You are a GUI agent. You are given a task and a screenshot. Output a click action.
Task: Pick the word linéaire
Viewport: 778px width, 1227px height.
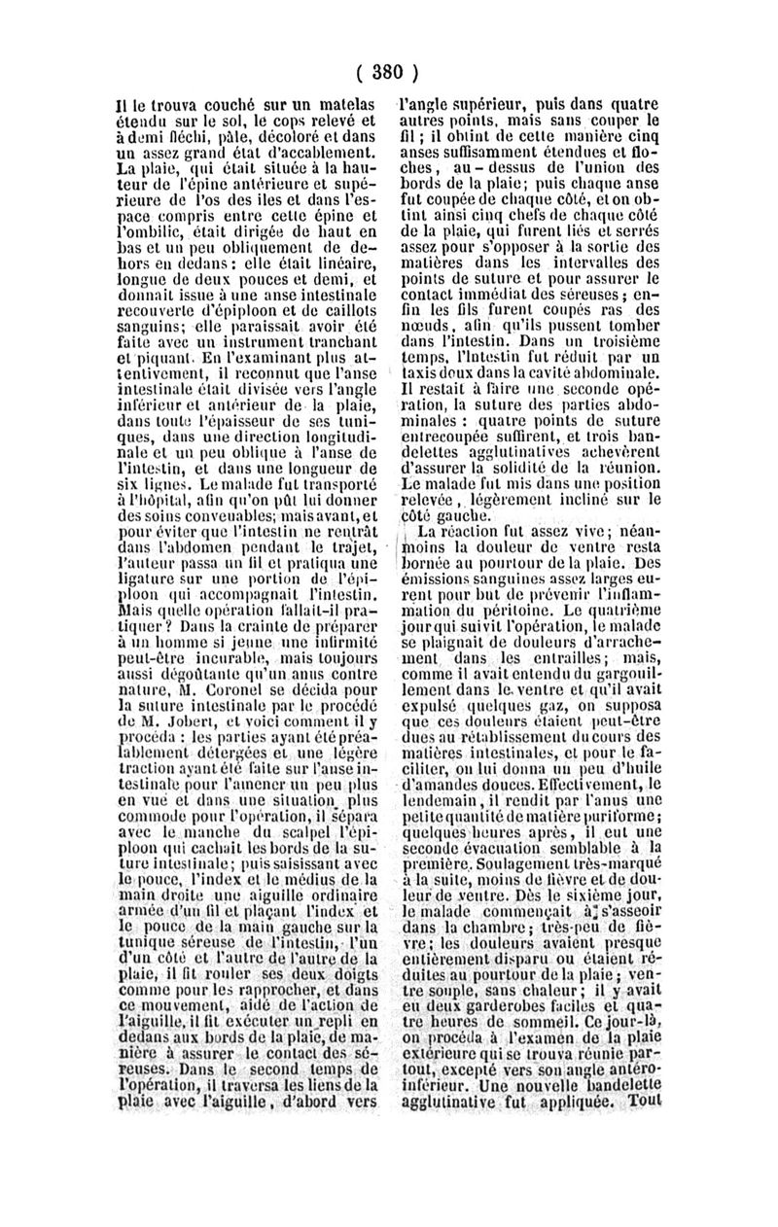[342, 263]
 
